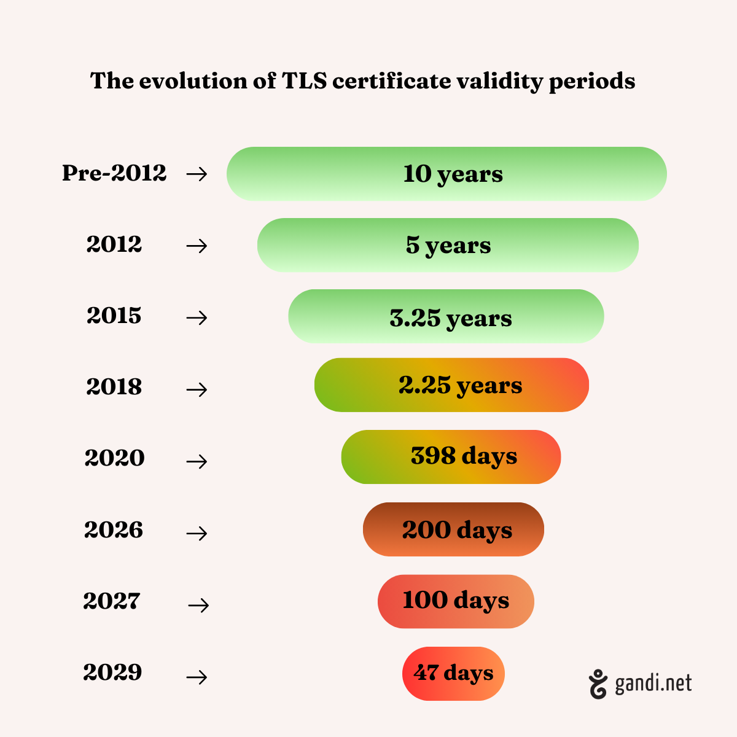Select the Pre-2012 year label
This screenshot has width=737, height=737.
[114, 173]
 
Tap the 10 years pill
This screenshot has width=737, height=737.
[446, 174]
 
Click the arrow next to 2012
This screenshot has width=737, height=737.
[197, 246]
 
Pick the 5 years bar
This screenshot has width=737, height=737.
[448, 245]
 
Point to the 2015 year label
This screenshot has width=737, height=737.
[114, 316]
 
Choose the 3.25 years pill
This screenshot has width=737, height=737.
[446, 316]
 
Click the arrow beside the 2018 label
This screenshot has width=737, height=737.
[197, 389]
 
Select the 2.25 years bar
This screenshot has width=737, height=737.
[451, 385]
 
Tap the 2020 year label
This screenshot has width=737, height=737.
[115, 458]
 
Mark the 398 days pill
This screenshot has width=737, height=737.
[451, 457]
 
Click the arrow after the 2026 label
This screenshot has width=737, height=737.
[197, 533]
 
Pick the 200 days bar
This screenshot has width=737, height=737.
[453, 529]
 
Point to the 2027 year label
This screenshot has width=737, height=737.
[112, 601]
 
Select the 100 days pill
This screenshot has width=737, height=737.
[456, 601]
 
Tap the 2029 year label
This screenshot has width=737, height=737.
[112, 673]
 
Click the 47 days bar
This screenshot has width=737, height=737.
[453, 674]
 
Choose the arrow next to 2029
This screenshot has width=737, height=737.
[197, 677]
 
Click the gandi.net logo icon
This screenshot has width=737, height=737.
[598, 684]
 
